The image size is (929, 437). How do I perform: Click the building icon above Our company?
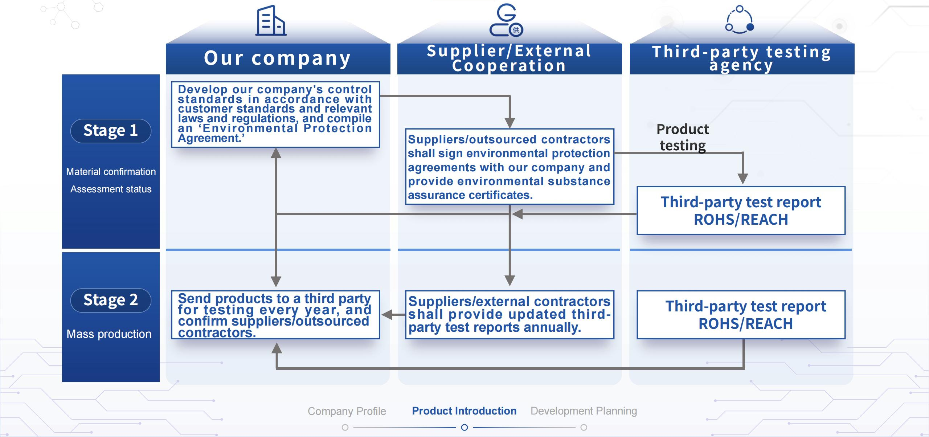pos(271,21)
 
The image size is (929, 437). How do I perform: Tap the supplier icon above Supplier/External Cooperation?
pos(506,21)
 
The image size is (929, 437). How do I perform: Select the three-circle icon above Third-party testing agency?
pos(739,20)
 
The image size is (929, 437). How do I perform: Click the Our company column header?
pos(278,58)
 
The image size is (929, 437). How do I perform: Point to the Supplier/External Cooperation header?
pos(509,58)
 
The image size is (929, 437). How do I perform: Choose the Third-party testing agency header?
pos(742,58)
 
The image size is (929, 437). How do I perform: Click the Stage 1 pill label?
pos(111,131)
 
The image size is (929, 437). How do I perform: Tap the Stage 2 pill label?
pos(111,300)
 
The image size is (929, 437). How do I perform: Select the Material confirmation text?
pos(111,172)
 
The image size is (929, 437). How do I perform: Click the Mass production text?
pos(109,334)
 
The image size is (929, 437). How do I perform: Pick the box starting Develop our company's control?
pos(275,114)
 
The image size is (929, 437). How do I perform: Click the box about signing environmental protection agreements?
pos(509,167)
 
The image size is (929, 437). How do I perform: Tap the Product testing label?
pos(683,137)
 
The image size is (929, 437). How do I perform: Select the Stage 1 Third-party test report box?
pos(741,211)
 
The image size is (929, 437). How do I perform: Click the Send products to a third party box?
pos(275,315)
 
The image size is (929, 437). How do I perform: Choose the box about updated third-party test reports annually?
pos(509,315)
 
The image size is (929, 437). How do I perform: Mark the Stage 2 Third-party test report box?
pos(741,315)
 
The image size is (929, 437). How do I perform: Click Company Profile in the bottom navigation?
pos(347,411)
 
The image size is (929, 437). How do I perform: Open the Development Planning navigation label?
pos(584,411)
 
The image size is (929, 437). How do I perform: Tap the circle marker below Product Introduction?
pos(464,428)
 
